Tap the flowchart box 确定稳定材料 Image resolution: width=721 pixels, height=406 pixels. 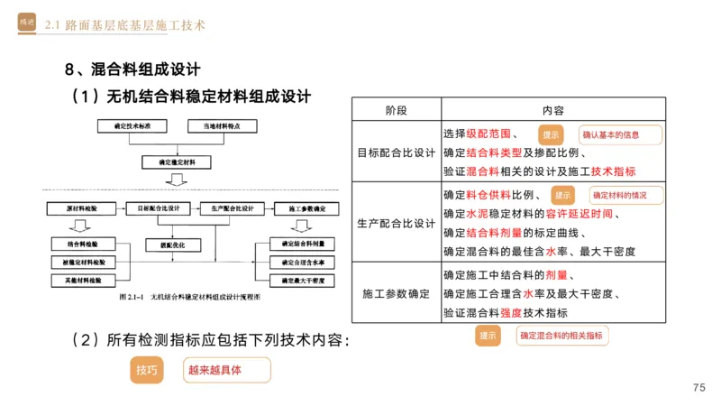point(177,162)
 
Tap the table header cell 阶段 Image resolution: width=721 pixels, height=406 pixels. point(396,110)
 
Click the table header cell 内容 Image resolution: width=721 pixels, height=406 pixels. point(552,110)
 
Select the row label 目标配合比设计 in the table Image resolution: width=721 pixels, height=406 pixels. point(396,152)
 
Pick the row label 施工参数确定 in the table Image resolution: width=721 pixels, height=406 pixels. point(396,294)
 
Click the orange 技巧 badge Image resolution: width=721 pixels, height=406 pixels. point(146,370)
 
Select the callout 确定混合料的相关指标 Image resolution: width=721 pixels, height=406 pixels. point(562,336)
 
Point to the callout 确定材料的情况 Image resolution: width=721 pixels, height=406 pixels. point(626,195)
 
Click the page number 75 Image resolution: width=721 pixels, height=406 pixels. point(698,387)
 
